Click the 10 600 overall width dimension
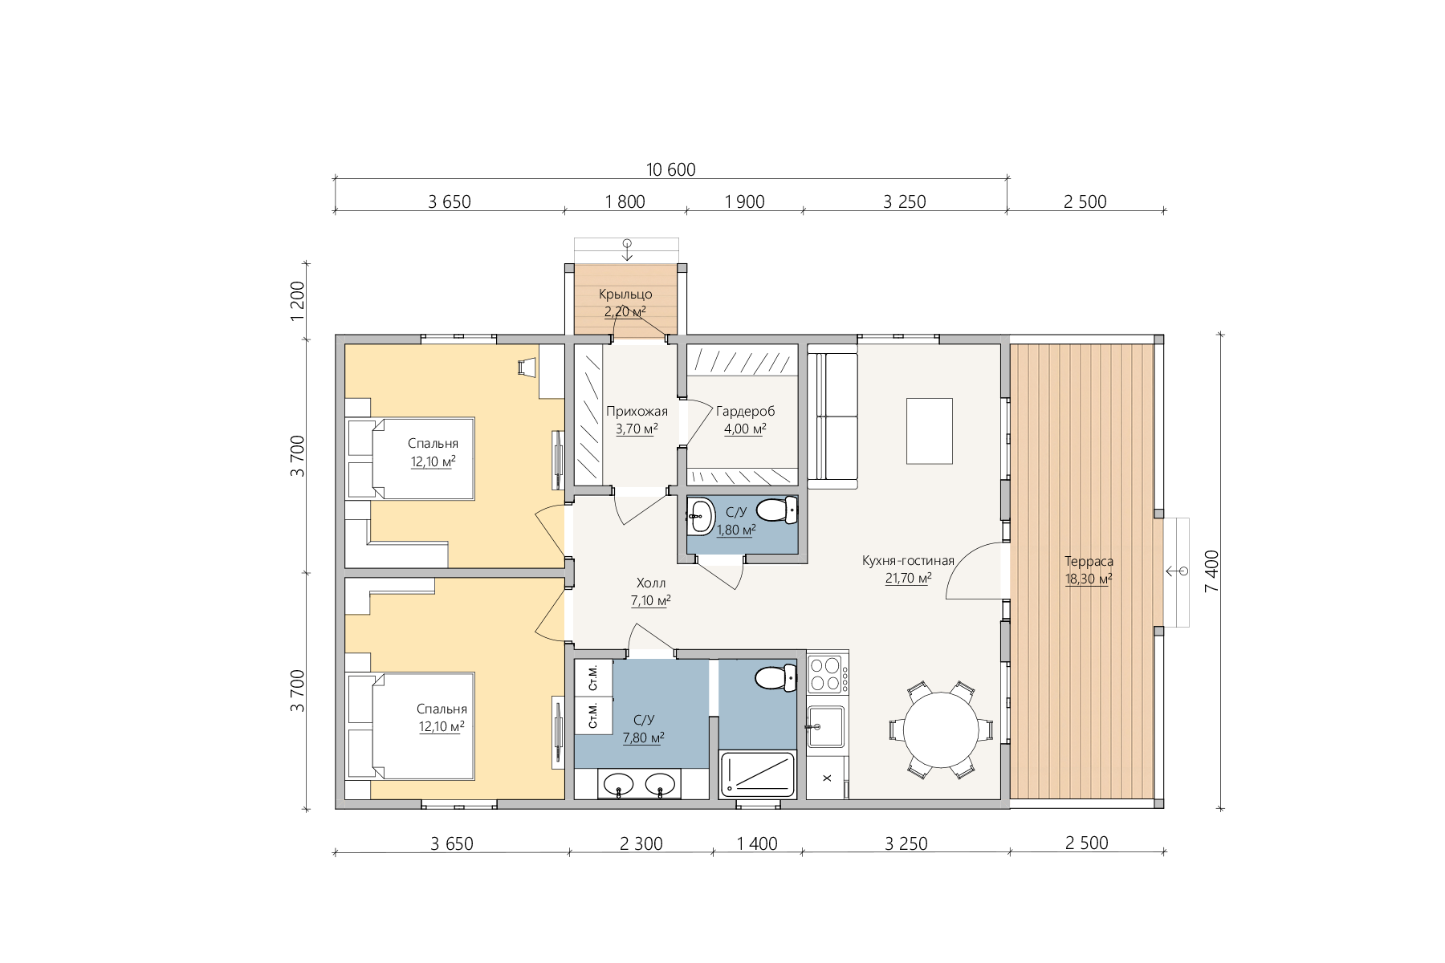pyautogui.click(x=671, y=169)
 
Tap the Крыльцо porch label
pyautogui.click(x=625, y=295)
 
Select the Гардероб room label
pyautogui.click(x=746, y=412)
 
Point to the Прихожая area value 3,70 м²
pyautogui.click(x=637, y=429)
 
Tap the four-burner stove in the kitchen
pyautogui.click(x=828, y=673)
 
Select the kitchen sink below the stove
pyautogui.click(x=825, y=726)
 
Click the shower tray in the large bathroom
pyautogui.click(x=758, y=775)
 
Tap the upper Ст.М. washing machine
pyautogui.click(x=593, y=677)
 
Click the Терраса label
pyautogui.click(x=1089, y=562)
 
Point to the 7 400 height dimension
pyautogui.click(x=1212, y=571)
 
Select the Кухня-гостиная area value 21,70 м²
pyautogui.click(x=908, y=579)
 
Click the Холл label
pyautogui.click(x=651, y=583)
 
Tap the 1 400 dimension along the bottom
pyautogui.click(x=757, y=843)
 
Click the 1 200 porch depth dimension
pyautogui.click(x=298, y=301)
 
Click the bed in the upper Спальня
pyautogui.click(x=410, y=459)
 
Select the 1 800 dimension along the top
pyautogui.click(x=625, y=201)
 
